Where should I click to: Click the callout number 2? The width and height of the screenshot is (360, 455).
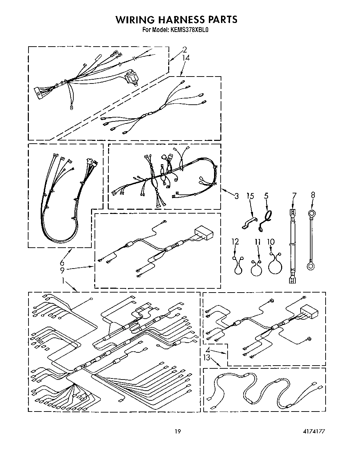tap(185, 49)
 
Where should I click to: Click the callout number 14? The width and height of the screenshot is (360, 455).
tap(186, 58)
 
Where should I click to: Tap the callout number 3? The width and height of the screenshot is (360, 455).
tap(236, 196)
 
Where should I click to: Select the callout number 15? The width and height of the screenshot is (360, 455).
tap(250, 196)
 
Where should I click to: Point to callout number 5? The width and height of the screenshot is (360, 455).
tap(266, 196)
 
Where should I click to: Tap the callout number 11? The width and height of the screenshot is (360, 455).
tap(257, 241)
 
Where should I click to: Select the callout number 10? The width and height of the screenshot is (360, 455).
tap(271, 241)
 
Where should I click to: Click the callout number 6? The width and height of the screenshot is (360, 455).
tap(62, 263)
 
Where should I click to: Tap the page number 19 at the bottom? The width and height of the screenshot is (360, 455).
tap(178, 432)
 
